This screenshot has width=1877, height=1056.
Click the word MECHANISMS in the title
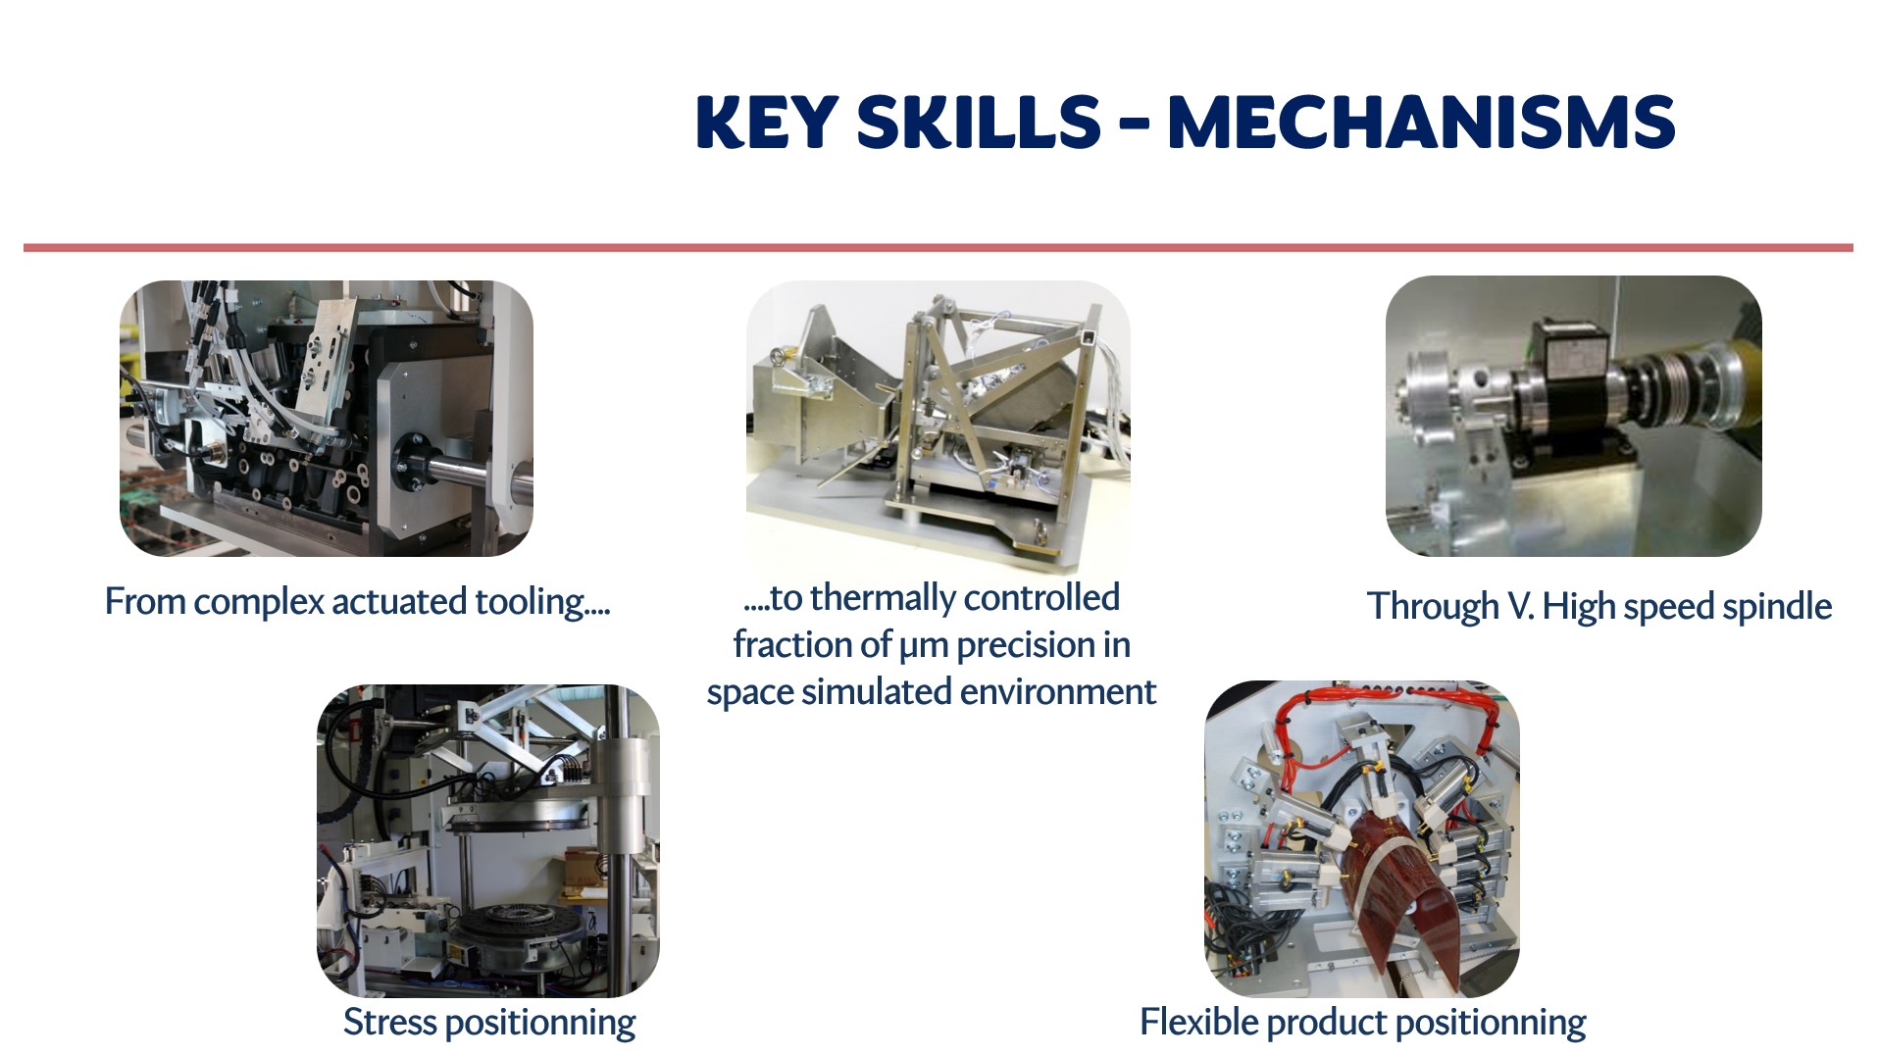coord(1421,123)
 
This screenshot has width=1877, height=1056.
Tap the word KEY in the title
coord(767,123)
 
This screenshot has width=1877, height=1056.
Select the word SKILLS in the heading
coord(978,123)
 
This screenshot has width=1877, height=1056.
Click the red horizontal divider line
coord(938,248)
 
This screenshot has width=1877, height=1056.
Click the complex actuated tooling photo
coord(327,419)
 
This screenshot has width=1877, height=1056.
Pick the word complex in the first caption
coord(258,602)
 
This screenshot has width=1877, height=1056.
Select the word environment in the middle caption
coord(1058,692)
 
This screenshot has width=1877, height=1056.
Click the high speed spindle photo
coord(1573,416)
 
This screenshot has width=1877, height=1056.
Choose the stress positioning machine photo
coord(488,840)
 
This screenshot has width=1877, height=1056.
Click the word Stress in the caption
coord(389,1022)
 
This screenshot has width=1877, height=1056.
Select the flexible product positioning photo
coord(1361,839)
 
